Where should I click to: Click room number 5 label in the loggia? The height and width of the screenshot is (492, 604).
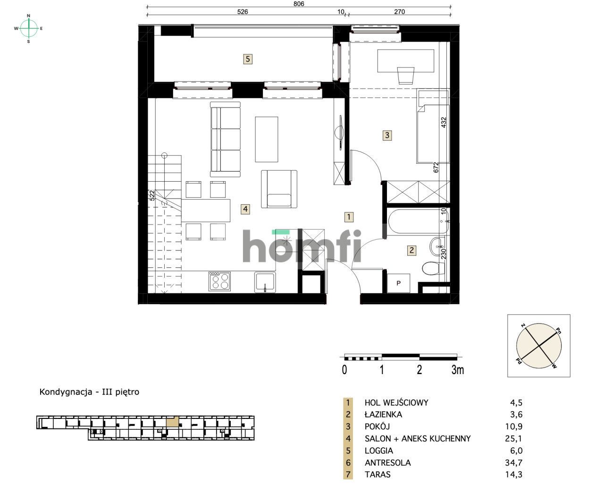248,59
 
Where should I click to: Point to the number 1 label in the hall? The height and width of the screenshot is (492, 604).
349,217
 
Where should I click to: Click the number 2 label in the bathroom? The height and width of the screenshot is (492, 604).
412,250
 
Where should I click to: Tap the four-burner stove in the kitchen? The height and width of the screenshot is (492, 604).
219,282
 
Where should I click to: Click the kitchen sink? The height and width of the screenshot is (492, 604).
265,282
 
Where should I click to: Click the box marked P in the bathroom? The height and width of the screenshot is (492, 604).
398,283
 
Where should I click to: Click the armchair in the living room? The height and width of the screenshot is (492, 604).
279,190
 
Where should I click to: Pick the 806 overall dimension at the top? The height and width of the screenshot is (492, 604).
299,3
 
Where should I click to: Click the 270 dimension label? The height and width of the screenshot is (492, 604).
399,12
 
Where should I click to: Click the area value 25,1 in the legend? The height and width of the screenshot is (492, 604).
516,439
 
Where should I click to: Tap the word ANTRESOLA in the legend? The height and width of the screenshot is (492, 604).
387,463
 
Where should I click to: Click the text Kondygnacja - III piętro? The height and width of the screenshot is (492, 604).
90,392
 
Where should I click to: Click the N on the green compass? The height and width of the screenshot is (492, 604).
29,16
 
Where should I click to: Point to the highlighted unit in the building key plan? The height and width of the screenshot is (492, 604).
173,422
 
